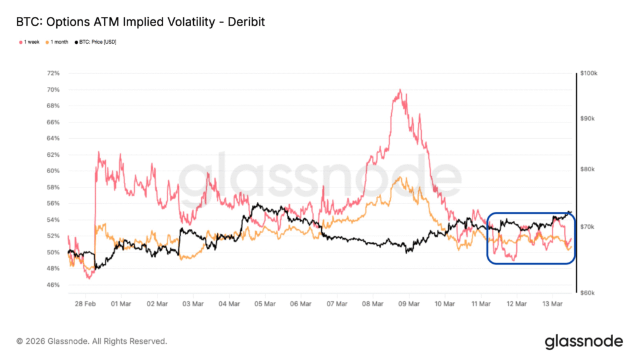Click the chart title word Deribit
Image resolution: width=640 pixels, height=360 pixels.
(246, 22)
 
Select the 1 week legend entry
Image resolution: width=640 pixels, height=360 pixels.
(29, 42)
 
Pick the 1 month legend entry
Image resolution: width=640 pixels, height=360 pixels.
(59, 42)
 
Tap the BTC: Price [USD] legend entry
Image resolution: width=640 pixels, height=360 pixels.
(97, 42)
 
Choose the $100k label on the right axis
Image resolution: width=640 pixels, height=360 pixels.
(589, 73)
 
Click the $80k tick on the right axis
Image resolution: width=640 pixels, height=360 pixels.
(589, 169)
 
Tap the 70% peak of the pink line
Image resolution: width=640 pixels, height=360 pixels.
(399, 90)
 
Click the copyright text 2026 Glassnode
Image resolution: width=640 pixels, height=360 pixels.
(92, 341)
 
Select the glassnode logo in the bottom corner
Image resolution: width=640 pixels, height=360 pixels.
(583, 341)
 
